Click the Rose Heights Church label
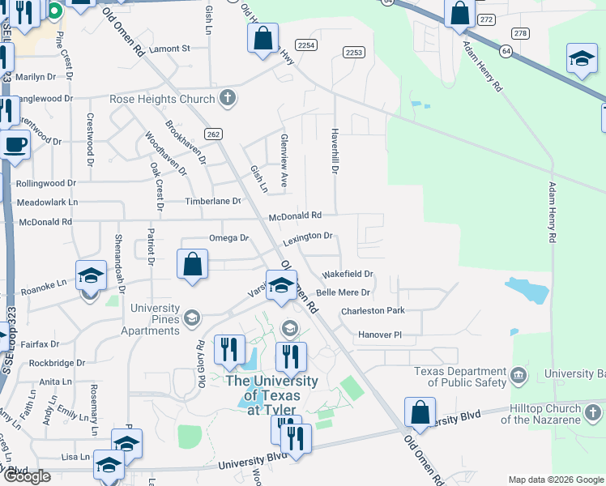tap(162, 100)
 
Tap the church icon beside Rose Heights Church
tap(228, 99)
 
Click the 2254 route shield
tap(305, 46)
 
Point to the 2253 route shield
tap(353, 53)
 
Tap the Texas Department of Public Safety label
tap(459, 377)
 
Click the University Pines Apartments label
tap(150, 319)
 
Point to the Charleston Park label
tap(372, 311)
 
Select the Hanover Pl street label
tap(380, 335)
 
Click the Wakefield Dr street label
tap(348, 275)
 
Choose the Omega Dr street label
tap(228, 238)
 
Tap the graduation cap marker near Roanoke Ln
tap(91, 276)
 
